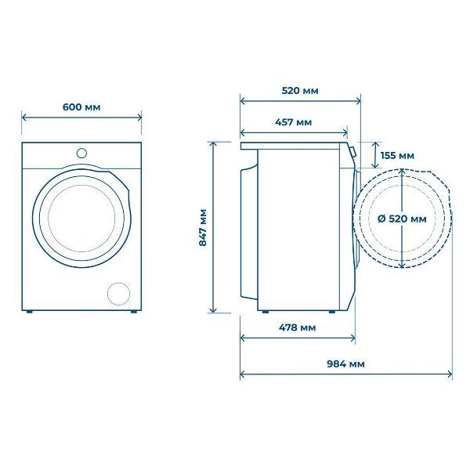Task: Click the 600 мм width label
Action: click(x=81, y=107)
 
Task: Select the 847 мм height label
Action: click(x=203, y=227)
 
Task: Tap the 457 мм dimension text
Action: click(x=293, y=122)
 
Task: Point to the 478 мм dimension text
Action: click(x=298, y=327)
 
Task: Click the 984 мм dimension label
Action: click(x=345, y=364)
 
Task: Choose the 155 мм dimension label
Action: click(x=397, y=156)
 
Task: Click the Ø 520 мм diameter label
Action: click(x=402, y=219)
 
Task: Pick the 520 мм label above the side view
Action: click(x=300, y=91)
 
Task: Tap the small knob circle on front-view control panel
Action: click(x=81, y=154)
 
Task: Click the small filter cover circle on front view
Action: click(x=119, y=294)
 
